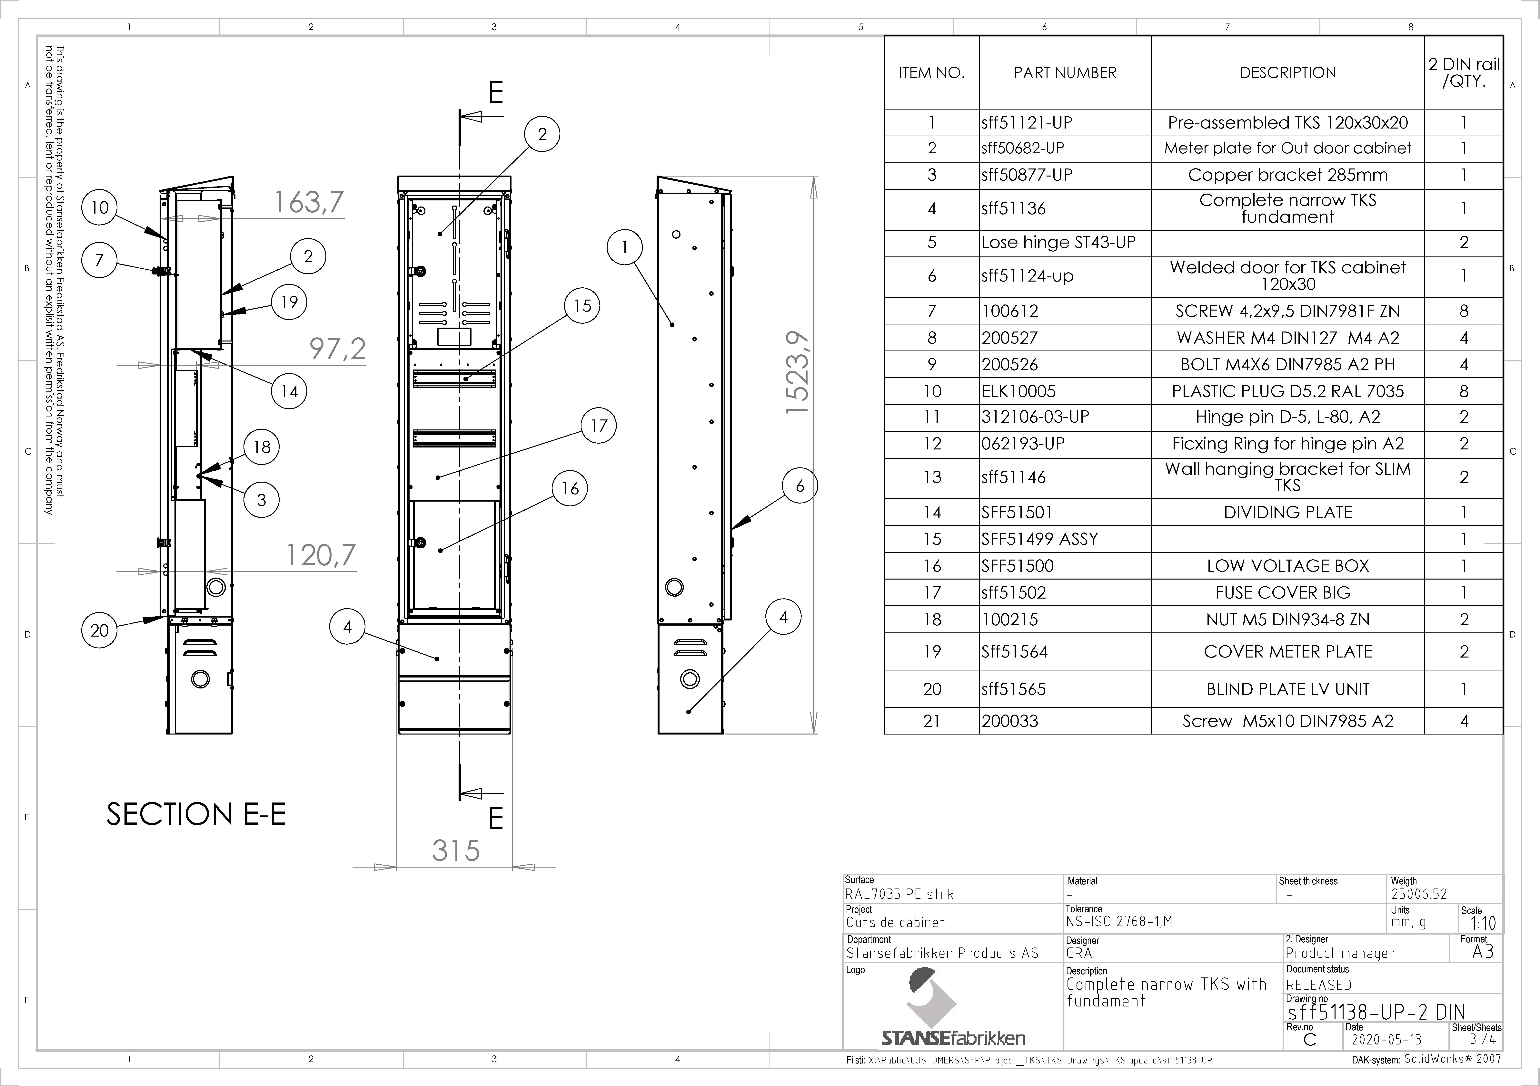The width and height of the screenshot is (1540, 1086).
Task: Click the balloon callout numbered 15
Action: (582, 306)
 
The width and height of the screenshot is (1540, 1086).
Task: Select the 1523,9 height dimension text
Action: (799, 373)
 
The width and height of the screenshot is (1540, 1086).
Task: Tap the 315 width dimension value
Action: (456, 851)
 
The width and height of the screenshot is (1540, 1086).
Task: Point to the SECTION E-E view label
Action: (196, 814)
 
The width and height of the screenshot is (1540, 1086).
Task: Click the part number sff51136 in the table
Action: (1013, 208)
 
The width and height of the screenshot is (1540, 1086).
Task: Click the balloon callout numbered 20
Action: (99, 630)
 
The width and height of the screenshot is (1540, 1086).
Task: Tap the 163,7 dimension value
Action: (309, 202)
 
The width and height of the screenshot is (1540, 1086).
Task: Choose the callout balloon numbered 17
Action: (598, 426)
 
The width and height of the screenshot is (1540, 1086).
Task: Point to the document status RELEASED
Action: (1319, 985)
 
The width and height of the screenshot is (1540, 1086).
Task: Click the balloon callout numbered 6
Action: (800, 486)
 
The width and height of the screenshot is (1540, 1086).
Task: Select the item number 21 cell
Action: (932, 721)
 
